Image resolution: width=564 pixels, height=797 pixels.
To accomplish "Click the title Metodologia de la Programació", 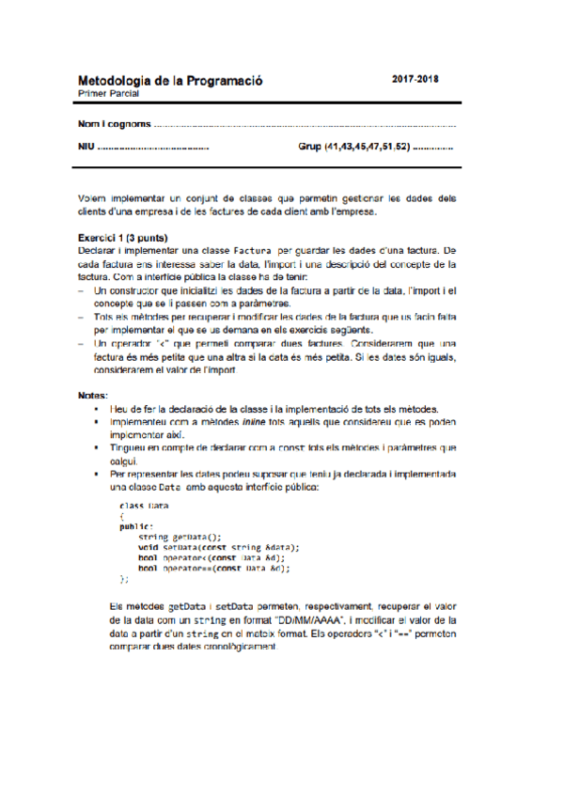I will [170, 82].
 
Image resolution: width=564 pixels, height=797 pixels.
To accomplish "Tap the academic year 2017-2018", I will [415, 80].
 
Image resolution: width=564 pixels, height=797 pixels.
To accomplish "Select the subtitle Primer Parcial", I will [108, 94].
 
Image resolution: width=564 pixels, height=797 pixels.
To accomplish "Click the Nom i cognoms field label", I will [114, 124].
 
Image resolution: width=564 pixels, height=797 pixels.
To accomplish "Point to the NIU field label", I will [86, 148].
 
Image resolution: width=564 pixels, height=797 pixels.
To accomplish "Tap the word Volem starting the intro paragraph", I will [93, 198].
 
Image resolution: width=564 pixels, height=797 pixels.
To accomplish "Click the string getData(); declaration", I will [180, 537].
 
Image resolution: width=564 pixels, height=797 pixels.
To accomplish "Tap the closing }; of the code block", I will [124, 579].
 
